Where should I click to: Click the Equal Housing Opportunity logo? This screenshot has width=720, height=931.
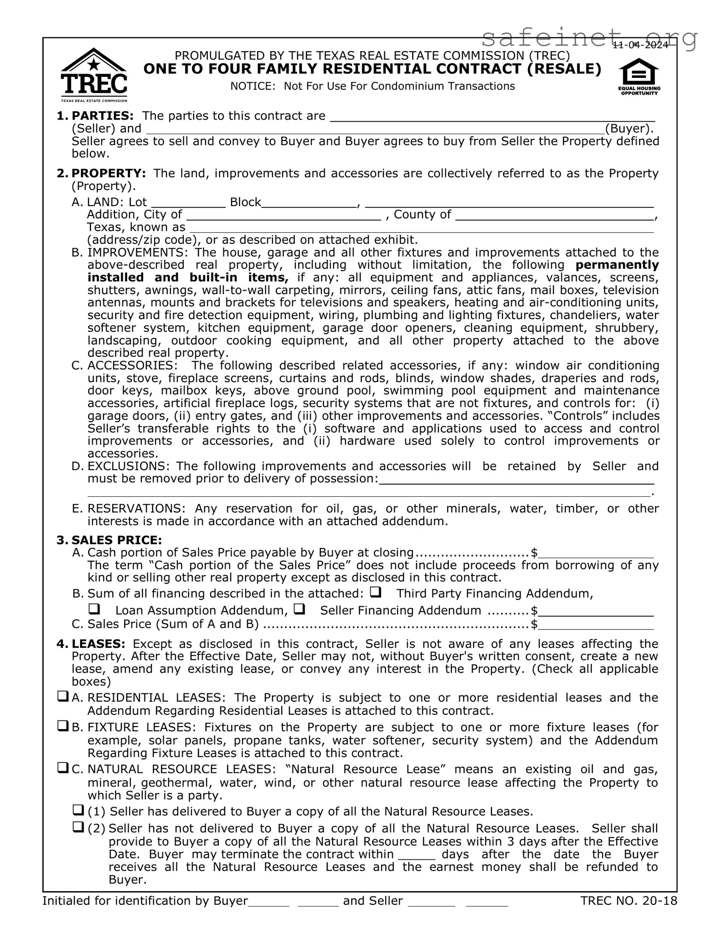click(x=639, y=78)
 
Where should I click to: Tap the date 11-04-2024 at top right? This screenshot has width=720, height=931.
click(x=640, y=45)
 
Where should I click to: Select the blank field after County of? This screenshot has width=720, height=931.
click(x=554, y=216)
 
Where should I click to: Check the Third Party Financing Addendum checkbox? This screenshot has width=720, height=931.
click(x=375, y=592)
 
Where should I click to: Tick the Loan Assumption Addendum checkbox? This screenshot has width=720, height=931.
click(x=94, y=609)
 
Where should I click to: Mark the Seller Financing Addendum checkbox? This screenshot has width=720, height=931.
click(x=299, y=609)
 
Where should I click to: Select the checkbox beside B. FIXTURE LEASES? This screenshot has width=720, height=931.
click(x=63, y=727)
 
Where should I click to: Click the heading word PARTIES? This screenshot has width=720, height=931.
click(x=102, y=116)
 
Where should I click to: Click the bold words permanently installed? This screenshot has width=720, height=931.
click(x=617, y=265)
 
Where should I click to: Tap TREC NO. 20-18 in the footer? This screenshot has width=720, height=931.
click(x=628, y=901)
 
